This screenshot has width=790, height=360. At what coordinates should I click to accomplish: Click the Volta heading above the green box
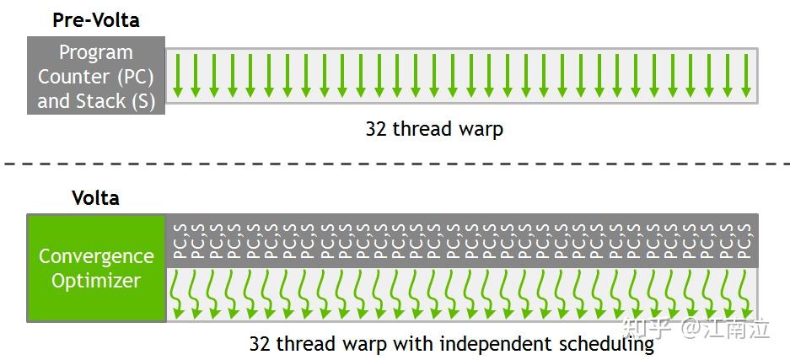pyautogui.click(x=95, y=198)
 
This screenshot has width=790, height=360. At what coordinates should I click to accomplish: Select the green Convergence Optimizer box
pyautogui.click(x=96, y=268)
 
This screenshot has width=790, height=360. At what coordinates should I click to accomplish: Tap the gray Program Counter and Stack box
pyautogui.click(x=96, y=76)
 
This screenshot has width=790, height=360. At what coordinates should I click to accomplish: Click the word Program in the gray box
pyautogui.click(x=96, y=52)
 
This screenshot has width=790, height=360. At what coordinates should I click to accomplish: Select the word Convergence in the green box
pyautogui.click(x=96, y=256)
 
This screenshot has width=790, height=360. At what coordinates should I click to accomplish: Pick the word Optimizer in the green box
pyautogui.click(x=96, y=281)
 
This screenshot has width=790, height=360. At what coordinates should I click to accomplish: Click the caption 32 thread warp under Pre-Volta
pyautogui.click(x=434, y=129)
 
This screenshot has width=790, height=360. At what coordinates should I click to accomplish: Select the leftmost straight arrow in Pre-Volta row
pyautogui.click(x=177, y=74)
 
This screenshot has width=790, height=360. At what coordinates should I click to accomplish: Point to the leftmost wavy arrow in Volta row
pyautogui.click(x=178, y=295)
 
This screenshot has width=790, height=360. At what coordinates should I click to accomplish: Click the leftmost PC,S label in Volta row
pyautogui.click(x=178, y=241)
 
